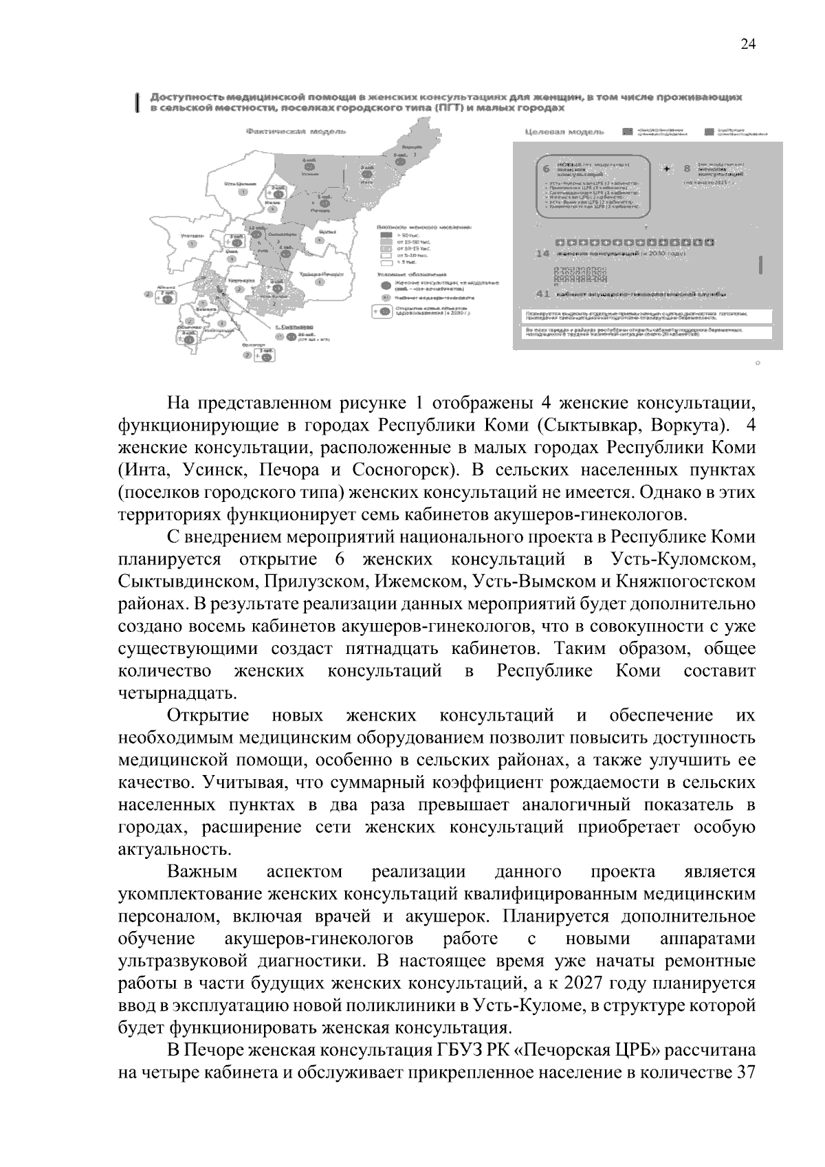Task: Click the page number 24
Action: click(x=748, y=45)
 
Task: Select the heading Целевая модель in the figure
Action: click(x=564, y=131)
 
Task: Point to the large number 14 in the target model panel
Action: click(x=542, y=253)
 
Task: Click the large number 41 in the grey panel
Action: click(x=542, y=294)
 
